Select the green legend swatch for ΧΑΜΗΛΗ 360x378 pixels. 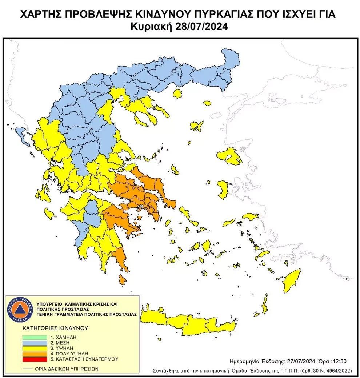pos(34,337)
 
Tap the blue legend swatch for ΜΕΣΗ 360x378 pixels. pos(34,342)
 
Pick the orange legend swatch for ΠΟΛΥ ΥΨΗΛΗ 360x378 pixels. pos(34,353)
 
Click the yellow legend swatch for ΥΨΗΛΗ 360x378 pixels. pos(34,348)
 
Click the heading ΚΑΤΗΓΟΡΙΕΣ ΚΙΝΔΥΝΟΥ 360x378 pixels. pos(55,328)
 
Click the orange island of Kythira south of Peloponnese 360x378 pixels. pos(122,280)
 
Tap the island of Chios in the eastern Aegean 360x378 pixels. pos(223,190)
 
